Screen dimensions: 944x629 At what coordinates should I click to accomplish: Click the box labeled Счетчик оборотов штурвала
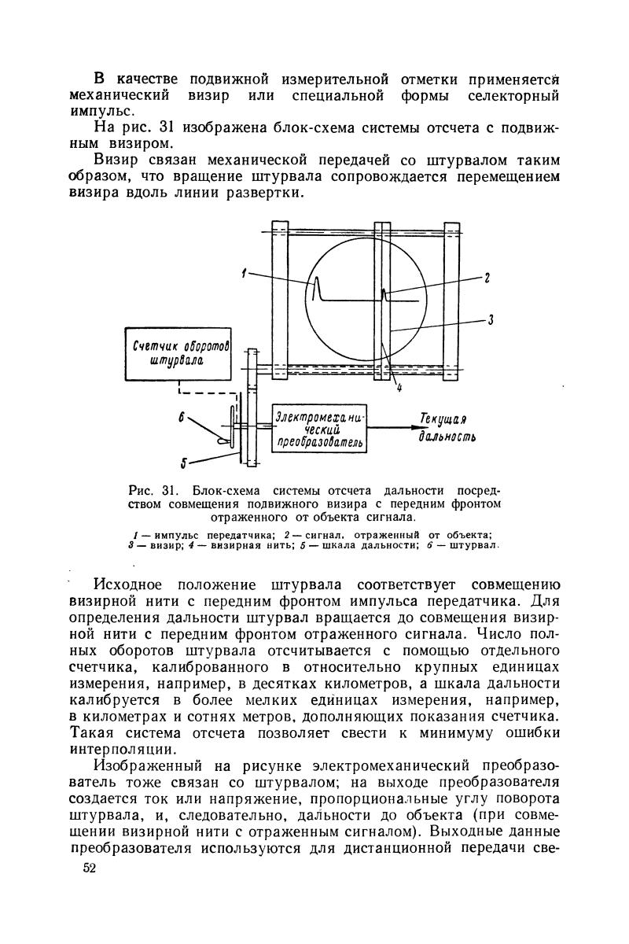coord(179,354)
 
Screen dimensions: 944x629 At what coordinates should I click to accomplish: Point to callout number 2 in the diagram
coord(487,278)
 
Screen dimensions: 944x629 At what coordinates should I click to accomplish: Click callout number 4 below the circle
coord(399,387)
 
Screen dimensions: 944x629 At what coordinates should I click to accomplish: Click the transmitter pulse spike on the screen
coord(316,288)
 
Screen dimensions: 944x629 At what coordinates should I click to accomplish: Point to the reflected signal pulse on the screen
coord(384,295)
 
